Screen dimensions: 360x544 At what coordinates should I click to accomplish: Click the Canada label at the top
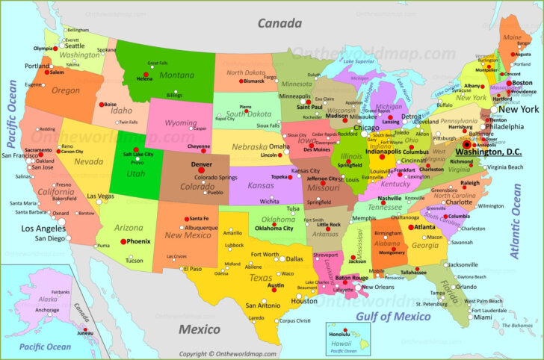[279, 23]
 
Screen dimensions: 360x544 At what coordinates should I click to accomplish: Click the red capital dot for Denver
[200, 170]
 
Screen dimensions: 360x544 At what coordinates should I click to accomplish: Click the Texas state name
[261, 278]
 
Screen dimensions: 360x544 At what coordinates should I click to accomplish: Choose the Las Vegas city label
[100, 196]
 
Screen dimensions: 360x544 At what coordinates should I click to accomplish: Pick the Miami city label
[483, 317]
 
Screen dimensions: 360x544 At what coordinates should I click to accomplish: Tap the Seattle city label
[74, 46]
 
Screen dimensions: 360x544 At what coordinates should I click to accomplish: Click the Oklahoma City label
[273, 229]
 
